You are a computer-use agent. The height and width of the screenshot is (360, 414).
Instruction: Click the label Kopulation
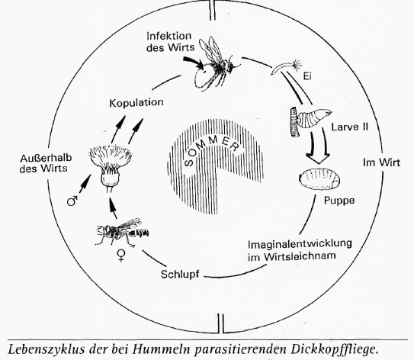click(x=136, y=103)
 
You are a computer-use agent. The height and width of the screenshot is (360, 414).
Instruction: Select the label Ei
click(x=307, y=76)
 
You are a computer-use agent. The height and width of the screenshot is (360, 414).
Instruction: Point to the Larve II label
click(x=350, y=127)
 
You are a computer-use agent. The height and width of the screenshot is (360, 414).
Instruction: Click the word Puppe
click(x=339, y=201)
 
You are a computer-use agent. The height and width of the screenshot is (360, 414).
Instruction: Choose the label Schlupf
click(x=180, y=275)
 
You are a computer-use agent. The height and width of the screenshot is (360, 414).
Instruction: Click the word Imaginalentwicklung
click(x=300, y=244)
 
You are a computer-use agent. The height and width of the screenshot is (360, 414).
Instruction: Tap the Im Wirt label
click(x=381, y=162)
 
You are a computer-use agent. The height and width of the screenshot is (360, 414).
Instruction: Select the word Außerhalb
click(x=46, y=158)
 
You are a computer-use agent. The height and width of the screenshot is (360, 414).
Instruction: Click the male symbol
click(x=72, y=201)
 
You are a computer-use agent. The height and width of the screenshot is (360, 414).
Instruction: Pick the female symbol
click(x=121, y=256)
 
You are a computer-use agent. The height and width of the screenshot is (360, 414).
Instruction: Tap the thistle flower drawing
click(x=111, y=166)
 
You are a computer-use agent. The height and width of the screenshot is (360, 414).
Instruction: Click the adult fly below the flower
click(x=122, y=233)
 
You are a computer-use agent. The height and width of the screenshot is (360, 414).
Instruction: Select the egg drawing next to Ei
click(x=286, y=66)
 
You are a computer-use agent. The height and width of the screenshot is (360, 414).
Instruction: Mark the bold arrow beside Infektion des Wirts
click(x=194, y=63)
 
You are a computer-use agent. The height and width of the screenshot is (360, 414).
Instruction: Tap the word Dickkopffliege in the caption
click(x=334, y=349)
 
